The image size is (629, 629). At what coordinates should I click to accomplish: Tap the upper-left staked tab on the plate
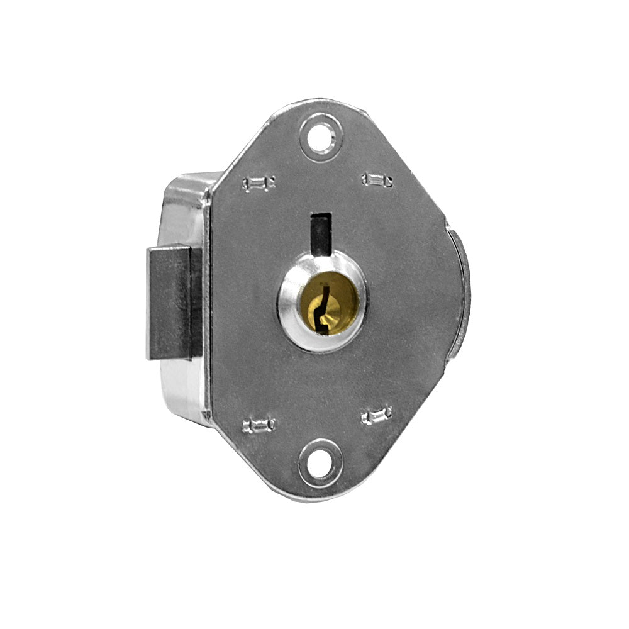point(259,184)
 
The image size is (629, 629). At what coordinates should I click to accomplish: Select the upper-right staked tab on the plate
point(377,181)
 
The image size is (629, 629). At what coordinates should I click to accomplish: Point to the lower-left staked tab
point(259,425)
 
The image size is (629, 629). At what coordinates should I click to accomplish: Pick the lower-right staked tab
point(377,415)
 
